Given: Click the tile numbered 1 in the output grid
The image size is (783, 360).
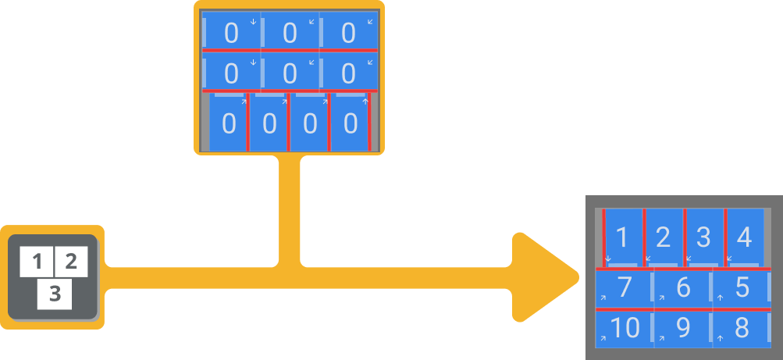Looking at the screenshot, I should click(x=623, y=237).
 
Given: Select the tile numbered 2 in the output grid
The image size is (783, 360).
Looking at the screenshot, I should click(x=664, y=237).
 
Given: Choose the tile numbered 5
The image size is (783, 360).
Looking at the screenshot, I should click(x=742, y=288).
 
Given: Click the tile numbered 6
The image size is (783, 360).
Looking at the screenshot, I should click(x=683, y=288).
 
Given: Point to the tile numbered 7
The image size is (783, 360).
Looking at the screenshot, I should click(x=625, y=288).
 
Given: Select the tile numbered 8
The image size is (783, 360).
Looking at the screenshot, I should click(x=742, y=328).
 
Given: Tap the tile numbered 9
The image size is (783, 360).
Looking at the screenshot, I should click(x=683, y=328).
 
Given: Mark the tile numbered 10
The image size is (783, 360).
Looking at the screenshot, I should click(x=625, y=328).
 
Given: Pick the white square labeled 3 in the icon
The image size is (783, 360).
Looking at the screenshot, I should click(x=55, y=294).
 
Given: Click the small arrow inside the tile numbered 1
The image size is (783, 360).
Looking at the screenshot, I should click(x=608, y=259).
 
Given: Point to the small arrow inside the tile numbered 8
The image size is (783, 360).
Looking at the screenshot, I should click(x=721, y=337).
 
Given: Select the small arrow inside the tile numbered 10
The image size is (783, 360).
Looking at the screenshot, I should click(x=603, y=338).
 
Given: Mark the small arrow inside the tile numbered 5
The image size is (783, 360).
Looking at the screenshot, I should click(x=721, y=298).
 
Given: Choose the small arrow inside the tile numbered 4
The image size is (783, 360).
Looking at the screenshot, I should click(x=729, y=258).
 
